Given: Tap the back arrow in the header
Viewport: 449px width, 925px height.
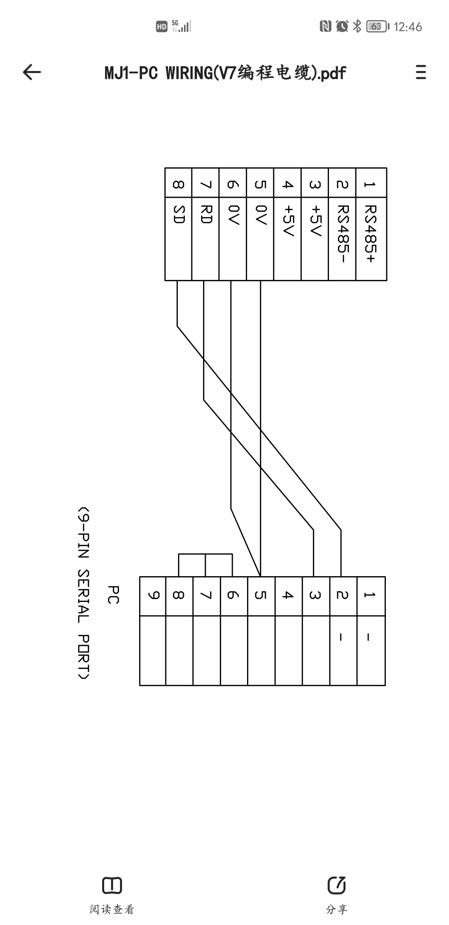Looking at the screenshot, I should click(x=32, y=72).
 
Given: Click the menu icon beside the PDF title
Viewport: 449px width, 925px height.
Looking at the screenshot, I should click(x=421, y=72).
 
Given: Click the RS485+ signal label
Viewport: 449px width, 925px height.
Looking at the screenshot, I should click(x=370, y=234).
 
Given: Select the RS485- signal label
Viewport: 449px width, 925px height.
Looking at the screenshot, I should click(x=342, y=234).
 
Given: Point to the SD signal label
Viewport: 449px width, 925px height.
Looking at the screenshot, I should click(x=178, y=215).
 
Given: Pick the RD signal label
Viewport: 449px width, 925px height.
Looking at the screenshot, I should click(x=205, y=215).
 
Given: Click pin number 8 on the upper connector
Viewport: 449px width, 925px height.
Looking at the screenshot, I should click(x=178, y=184).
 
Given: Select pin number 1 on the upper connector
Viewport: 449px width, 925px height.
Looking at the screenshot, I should click(x=370, y=184).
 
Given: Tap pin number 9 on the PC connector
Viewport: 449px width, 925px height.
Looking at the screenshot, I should click(x=153, y=595).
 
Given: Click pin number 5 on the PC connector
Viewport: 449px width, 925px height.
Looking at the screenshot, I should click(x=260, y=595).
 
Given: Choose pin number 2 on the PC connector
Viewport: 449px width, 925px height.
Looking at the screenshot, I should click(x=343, y=595).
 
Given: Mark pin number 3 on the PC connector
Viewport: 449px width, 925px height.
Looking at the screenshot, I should click(x=315, y=595).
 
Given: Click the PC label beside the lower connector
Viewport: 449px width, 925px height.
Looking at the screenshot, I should click(x=113, y=594).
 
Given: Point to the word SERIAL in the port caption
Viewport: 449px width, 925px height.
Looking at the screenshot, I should click(x=83, y=596).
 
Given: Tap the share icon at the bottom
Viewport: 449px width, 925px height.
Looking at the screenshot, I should click(x=336, y=885).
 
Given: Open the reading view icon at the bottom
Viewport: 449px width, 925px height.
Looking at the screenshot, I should click(x=112, y=885).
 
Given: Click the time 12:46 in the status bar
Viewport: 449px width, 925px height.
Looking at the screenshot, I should click(x=408, y=27).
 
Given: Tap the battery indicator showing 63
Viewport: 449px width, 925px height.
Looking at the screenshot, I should click(x=377, y=26).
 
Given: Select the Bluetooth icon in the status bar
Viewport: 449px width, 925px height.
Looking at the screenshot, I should click(x=357, y=26).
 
